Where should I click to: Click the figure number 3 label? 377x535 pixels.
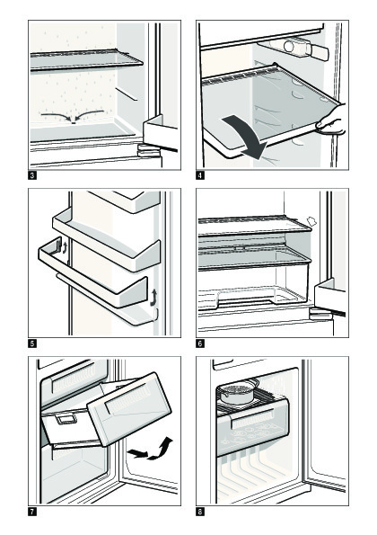(32, 175)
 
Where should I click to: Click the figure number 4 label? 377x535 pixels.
(200, 175)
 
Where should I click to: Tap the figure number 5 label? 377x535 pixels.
(32, 343)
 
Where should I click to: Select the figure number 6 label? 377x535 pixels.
(200, 343)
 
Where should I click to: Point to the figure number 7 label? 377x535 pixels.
(32, 512)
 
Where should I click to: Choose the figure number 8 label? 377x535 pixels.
(200, 512)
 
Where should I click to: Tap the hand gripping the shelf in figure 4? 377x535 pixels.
(331, 120)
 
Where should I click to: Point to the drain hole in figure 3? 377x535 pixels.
(74, 121)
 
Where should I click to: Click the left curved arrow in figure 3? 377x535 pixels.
(57, 116)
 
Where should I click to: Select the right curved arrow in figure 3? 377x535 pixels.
(89, 113)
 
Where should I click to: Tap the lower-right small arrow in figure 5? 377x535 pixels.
(153, 297)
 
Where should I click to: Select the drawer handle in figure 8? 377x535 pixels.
(253, 419)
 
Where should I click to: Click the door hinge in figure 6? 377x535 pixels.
(320, 314)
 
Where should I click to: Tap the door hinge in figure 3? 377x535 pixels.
(148, 150)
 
